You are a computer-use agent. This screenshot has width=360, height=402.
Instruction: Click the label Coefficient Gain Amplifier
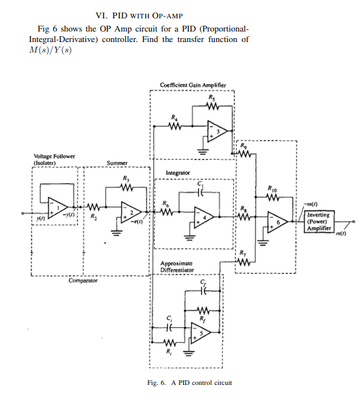tap(193, 85)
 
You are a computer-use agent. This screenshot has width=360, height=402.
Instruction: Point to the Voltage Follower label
tap(54, 160)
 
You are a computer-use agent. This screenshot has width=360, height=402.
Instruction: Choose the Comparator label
tap(84, 280)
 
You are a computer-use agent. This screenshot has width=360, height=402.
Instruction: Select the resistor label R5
tap(211, 96)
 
